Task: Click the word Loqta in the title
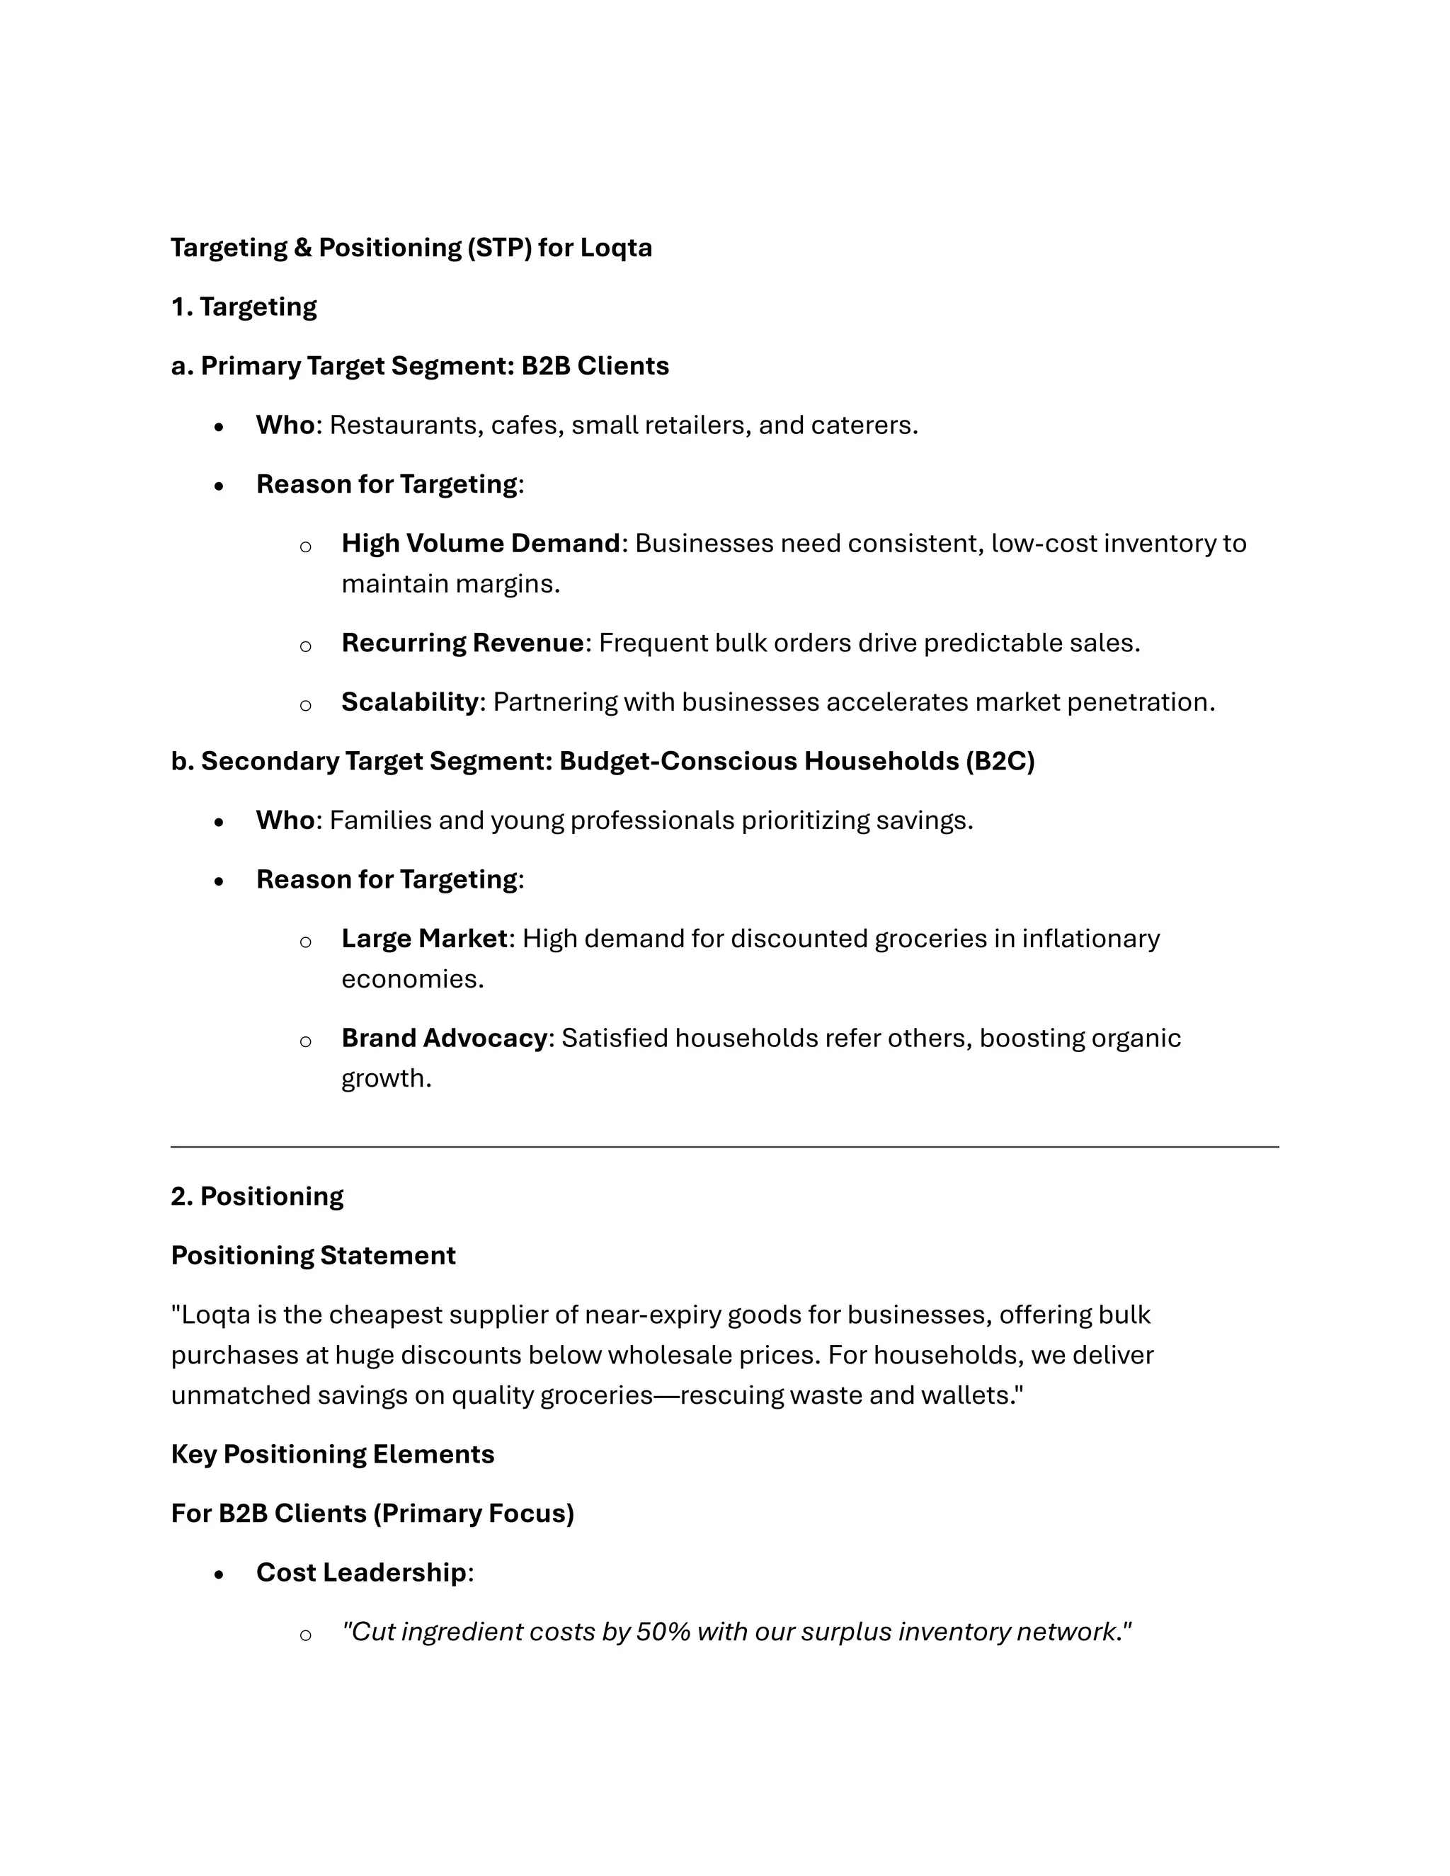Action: pos(616,247)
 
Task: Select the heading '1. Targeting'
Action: pos(244,307)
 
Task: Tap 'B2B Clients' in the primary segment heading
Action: pos(595,366)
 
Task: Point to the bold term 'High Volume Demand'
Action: pos(480,544)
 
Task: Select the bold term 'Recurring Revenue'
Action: pos(462,644)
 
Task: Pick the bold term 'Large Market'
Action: pos(424,939)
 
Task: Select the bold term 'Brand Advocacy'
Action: pos(444,1039)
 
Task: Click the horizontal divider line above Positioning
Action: pos(724,1147)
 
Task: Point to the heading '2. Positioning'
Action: pos(257,1196)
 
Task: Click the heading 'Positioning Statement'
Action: pos(313,1256)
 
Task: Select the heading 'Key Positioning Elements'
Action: pos(333,1454)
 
